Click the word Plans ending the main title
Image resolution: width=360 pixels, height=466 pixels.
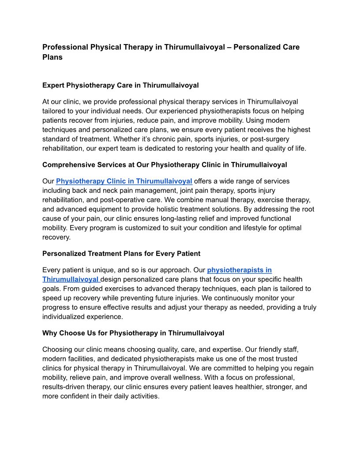tap(52, 57)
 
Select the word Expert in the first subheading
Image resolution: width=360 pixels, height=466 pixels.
tap(53, 85)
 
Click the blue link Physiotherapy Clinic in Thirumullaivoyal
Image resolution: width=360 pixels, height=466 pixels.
tap(124, 181)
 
